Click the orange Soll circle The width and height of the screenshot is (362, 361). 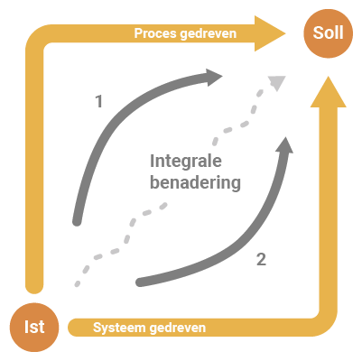click(x=328, y=33)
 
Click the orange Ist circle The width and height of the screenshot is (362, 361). click(x=34, y=327)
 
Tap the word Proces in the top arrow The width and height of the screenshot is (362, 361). click(x=155, y=33)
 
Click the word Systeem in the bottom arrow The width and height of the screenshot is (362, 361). click(x=119, y=328)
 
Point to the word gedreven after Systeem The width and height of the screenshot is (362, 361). click(x=178, y=328)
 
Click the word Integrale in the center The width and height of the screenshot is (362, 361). click(x=186, y=162)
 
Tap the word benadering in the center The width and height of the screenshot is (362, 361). click(x=195, y=182)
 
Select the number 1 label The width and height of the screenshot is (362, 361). click(x=99, y=101)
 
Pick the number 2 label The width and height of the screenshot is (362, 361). click(x=261, y=259)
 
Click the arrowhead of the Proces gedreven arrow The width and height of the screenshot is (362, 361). click(x=270, y=33)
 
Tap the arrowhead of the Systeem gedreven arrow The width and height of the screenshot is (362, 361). click(x=329, y=92)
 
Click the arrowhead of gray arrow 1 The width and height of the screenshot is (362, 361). click(x=215, y=78)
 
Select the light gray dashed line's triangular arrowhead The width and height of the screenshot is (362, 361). click(x=277, y=83)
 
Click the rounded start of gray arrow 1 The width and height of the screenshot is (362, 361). click(x=77, y=222)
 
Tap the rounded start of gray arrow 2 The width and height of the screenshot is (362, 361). click(x=140, y=282)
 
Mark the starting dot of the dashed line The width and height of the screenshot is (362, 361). click(x=78, y=283)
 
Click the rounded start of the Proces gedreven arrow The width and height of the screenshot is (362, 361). click(x=34, y=285)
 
